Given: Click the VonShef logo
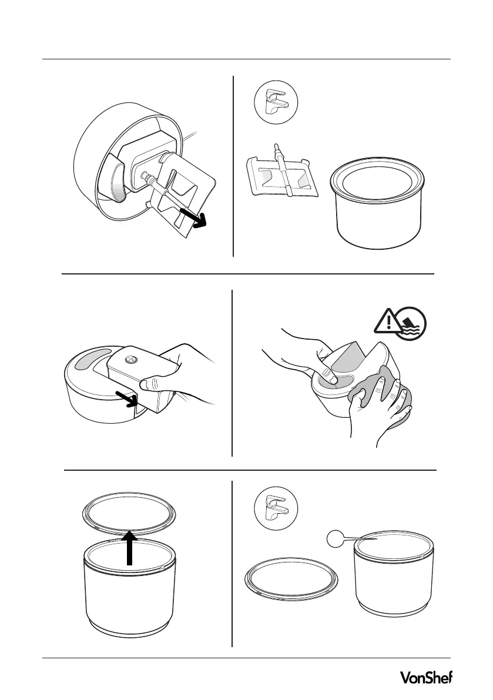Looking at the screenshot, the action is point(425,678).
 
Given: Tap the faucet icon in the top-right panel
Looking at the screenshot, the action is point(276,103).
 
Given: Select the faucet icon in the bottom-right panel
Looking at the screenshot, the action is point(276,508).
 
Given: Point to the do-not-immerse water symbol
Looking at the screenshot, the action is point(411,322).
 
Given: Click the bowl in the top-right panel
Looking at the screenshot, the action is point(377,204).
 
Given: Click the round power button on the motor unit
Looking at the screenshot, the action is point(132,359).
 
